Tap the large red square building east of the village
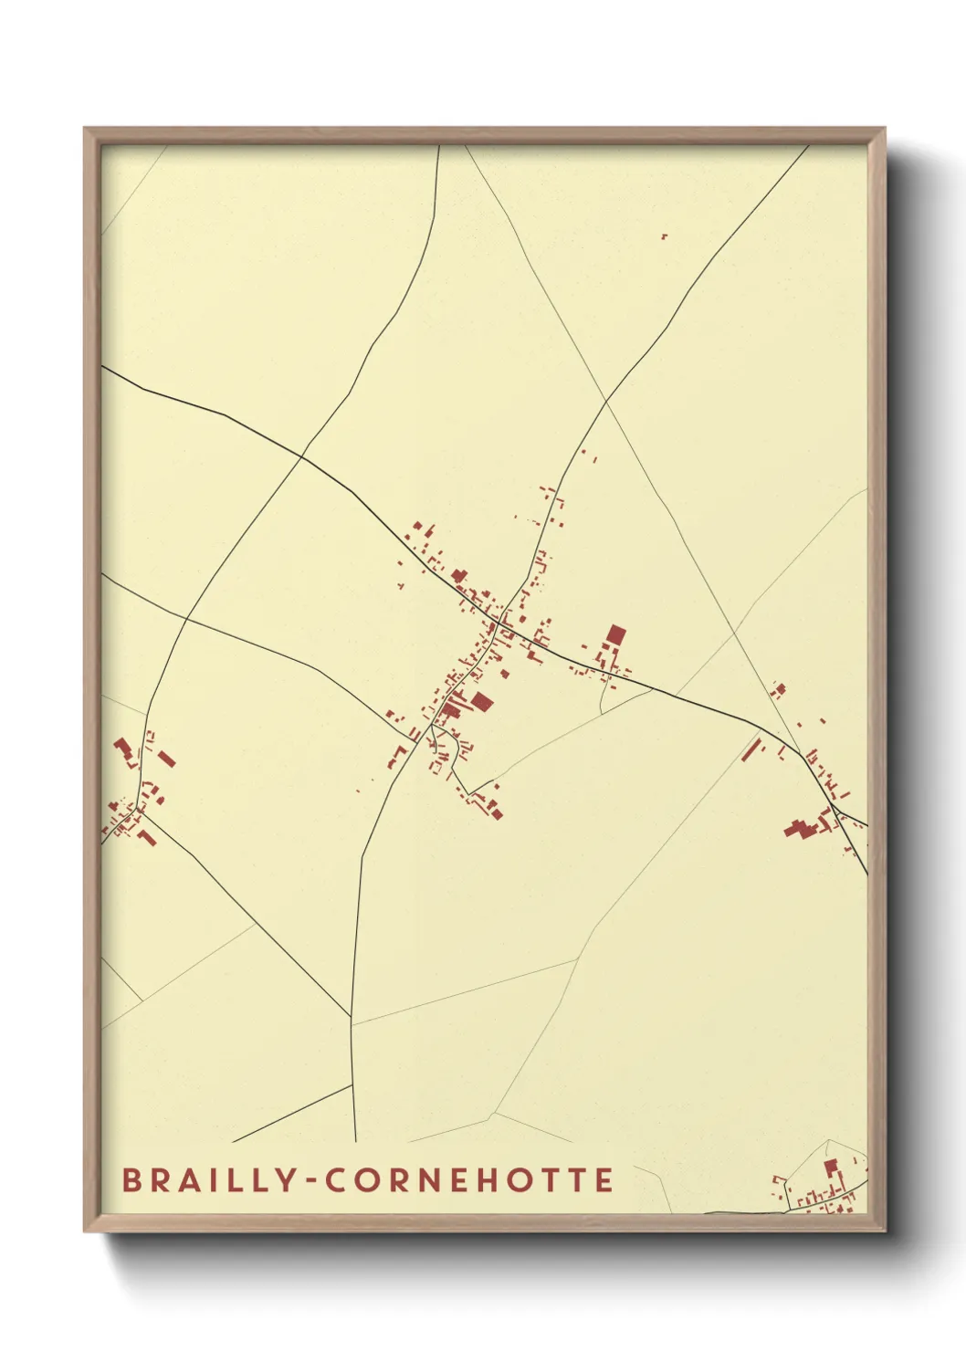(616, 635)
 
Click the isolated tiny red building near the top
(664, 236)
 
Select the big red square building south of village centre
(481, 701)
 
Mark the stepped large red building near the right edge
(801, 829)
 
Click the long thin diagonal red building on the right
(752, 749)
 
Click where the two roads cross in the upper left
(302, 455)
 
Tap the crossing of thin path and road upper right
(605, 402)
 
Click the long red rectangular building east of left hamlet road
(167, 759)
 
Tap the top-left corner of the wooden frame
(85, 129)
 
